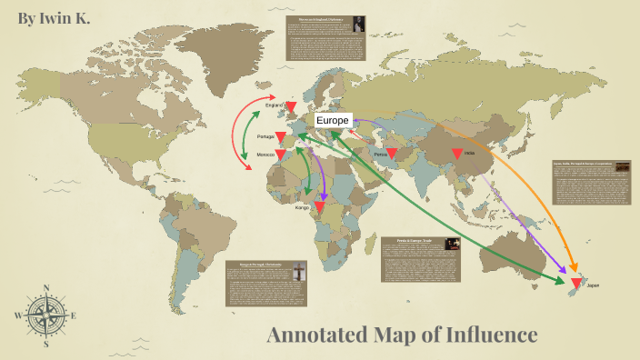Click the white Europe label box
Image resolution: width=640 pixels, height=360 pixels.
pos(332,120)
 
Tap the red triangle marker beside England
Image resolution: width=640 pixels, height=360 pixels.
pos(291,108)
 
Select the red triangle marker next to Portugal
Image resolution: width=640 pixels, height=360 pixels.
pos(282,137)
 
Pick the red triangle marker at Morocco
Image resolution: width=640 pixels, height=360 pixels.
pos(282,155)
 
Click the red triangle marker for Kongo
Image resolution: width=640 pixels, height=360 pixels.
pos(319,208)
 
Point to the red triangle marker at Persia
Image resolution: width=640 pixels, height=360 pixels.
pos(392,154)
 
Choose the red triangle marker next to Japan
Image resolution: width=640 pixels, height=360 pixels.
pos(575,285)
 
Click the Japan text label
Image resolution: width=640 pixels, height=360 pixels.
pos(593,285)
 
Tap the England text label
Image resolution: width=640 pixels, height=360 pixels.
pos(274,105)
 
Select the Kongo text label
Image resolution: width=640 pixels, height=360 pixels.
pos(303,207)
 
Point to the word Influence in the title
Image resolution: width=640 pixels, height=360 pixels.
pos(491,335)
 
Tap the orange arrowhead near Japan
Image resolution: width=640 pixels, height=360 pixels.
pos(575,268)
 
